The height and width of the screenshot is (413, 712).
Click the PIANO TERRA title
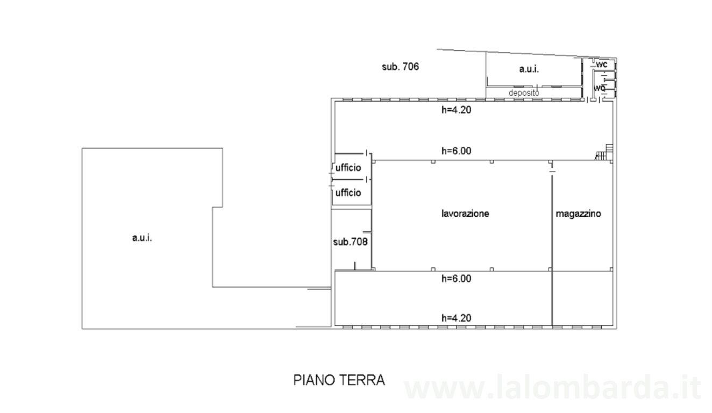339,380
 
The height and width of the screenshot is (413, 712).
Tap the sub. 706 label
400,67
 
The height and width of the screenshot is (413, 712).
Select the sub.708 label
350,242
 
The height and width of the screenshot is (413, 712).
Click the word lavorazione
465,213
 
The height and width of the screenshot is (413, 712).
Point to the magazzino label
578,213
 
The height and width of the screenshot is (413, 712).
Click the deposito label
524,93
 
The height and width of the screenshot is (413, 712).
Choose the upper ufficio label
348,168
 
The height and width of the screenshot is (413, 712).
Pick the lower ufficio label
348,193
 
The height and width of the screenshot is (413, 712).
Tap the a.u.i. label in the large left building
142,238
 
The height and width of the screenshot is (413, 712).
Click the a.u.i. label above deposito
529,69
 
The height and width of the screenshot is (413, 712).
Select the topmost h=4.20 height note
456,110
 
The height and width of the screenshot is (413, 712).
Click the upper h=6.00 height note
456,151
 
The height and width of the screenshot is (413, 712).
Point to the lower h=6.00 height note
456,279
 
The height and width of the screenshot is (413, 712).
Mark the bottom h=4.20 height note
456,318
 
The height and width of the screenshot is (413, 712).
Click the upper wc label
601,65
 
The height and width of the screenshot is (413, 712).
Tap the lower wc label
600,88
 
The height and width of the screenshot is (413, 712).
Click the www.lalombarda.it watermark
552,387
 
